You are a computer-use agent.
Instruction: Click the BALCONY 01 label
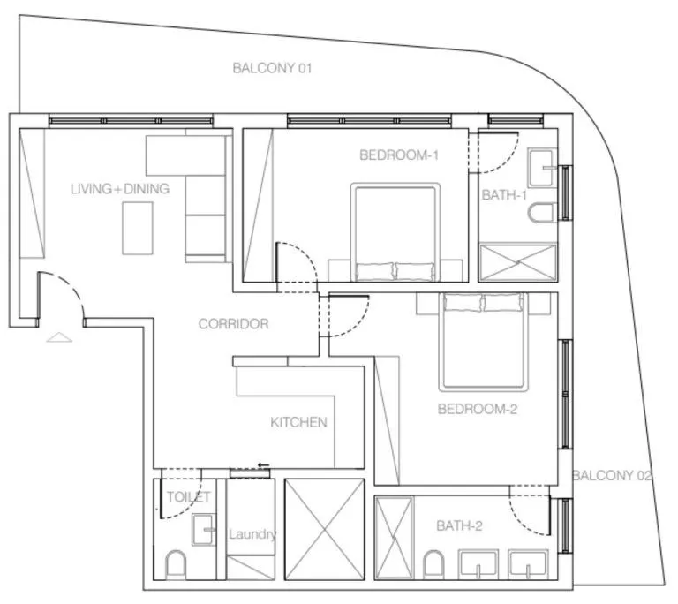click(x=272, y=67)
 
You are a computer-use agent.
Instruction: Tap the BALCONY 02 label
click(x=613, y=476)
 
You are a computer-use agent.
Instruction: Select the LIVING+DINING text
click(x=120, y=189)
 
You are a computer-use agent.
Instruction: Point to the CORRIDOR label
click(x=233, y=324)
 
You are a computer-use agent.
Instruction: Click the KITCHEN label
click(x=298, y=423)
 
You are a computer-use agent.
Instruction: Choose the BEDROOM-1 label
click(x=399, y=155)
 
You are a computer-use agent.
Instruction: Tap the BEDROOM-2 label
click(x=476, y=409)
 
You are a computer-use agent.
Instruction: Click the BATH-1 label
click(x=504, y=195)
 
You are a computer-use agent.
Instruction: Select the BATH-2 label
click(x=459, y=525)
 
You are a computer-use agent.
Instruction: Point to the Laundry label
click(x=253, y=534)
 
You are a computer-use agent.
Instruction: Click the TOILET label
click(x=188, y=497)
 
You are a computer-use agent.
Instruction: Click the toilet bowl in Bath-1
click(x=542, y=213)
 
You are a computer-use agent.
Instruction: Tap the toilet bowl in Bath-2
click(x=433, y=562)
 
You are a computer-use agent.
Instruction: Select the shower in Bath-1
click(x=518, y=262)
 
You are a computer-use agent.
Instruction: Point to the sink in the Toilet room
click(x=205, y=530)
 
